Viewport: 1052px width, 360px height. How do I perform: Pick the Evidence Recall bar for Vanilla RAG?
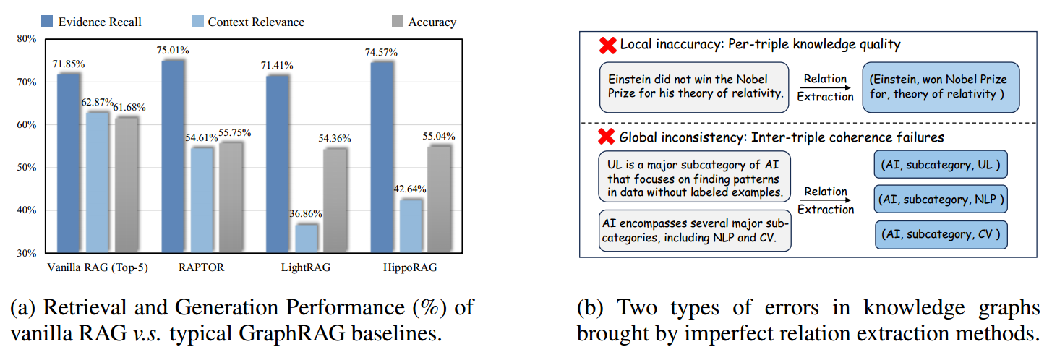(x=68, y=163)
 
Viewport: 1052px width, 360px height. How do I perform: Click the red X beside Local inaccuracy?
(x=607, y=46)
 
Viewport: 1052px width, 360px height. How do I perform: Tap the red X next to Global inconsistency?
(x=607, y=137)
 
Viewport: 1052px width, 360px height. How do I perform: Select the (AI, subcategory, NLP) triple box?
(x=940, y=197)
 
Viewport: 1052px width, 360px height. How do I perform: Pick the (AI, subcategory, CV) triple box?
(x=940, y=234)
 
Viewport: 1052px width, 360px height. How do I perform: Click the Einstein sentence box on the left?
(x=693, y=87)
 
